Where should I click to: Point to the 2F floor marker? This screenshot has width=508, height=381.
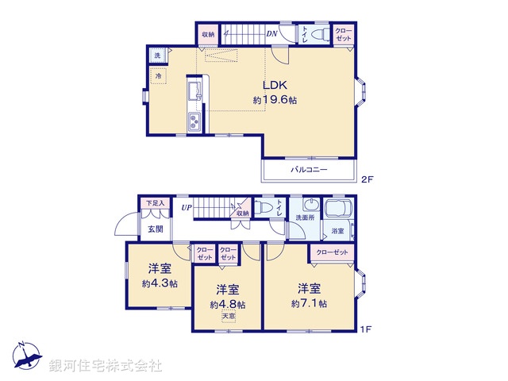click(x=366, y=179)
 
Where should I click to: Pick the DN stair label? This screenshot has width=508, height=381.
click(x=271, y=33)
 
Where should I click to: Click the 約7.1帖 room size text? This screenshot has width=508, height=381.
click(x=309, y=302)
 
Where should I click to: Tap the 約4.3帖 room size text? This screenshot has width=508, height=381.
click(x=160, y=283)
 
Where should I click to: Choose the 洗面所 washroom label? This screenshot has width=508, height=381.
click(x=305, y=217)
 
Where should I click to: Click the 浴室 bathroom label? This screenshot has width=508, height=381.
click(x=337, y=231)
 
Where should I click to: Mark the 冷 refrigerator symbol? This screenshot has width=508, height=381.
click(x=158, y=75)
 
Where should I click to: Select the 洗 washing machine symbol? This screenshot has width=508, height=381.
click(x=157, y=55)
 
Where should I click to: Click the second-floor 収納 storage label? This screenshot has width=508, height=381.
click(x=207, y=33)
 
